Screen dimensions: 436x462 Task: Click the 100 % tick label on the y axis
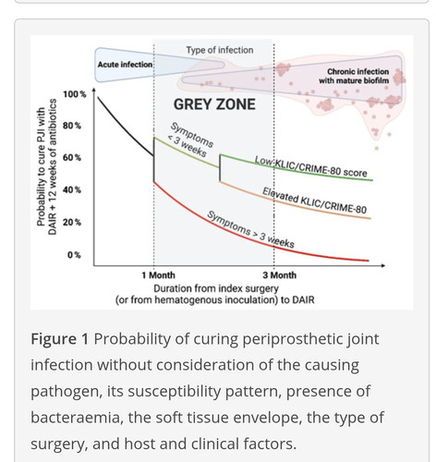click(x=75, y=94)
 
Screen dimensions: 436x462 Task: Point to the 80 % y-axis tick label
click(x=72, y=126)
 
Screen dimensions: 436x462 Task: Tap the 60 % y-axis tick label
click(x=72, y=158)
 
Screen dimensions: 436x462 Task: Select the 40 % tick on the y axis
click(x=72, y=190)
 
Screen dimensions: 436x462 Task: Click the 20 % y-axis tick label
click(x=72, y=222)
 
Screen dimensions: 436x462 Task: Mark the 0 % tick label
click(x=74, y=255)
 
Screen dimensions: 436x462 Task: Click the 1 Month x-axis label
click(x=158, y=275)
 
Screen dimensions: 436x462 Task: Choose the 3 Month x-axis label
click(x=280, y=275)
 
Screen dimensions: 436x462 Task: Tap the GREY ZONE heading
click(x=214, y=104)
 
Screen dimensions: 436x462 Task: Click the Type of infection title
click(x=220, y=50)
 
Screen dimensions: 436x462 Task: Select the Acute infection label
click(x=125, y=65)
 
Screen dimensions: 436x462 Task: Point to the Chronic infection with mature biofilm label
click(x=354, y=76)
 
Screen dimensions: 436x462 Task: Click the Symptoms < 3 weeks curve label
click(x=190, y=140)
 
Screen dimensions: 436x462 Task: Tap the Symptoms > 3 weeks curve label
click(x=250, y=230)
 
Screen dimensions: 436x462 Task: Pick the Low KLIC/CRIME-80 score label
click(x=311, y=166)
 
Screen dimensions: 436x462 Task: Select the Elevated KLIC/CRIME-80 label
click(x=314, y=201)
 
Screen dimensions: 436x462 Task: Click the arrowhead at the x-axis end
click(x=382, y=265)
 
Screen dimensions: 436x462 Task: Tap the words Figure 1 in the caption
click(x=60, y=339)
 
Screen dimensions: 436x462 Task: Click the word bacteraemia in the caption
click(x=77, y=418)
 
